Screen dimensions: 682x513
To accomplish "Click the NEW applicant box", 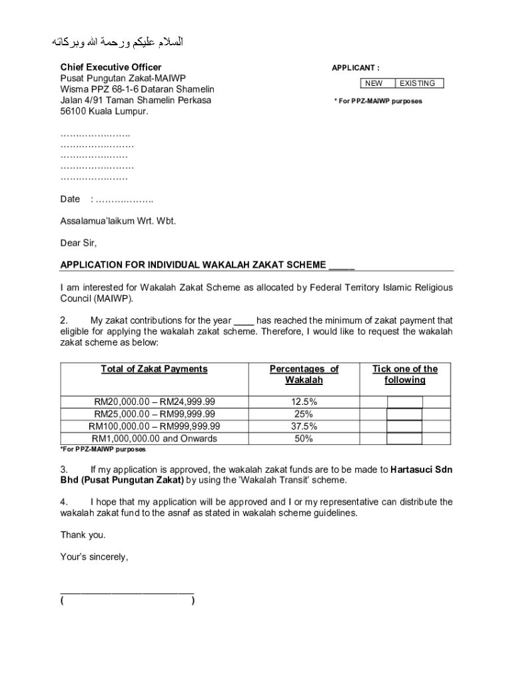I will click(374, 83).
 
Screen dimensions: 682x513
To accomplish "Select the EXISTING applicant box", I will click(418, 83).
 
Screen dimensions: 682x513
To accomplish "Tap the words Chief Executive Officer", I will click(111, 67).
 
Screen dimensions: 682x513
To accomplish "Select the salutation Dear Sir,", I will click(79, 242).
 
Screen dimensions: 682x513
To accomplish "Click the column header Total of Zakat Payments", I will click(154, 369).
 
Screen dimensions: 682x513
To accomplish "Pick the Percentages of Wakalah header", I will click(304, 374).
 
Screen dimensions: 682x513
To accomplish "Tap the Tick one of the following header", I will click(404, 374).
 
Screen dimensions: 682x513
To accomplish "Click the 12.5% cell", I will click(304, 402).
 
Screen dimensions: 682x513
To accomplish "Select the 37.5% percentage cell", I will click(304, 426).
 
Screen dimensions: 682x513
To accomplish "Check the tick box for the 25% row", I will click(404, 414).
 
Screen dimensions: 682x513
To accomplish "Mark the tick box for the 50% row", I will click(404, 439).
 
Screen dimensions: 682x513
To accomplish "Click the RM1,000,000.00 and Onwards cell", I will click(154, 438).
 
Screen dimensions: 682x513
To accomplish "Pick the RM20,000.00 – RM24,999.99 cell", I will click(154, 402).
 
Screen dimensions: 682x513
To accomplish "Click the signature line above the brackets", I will click(127, 591).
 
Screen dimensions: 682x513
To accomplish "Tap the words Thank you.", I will click(83, 535).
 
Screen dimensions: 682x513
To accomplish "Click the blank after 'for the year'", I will click(244, 320).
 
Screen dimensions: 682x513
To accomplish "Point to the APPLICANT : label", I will click(356, 68).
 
